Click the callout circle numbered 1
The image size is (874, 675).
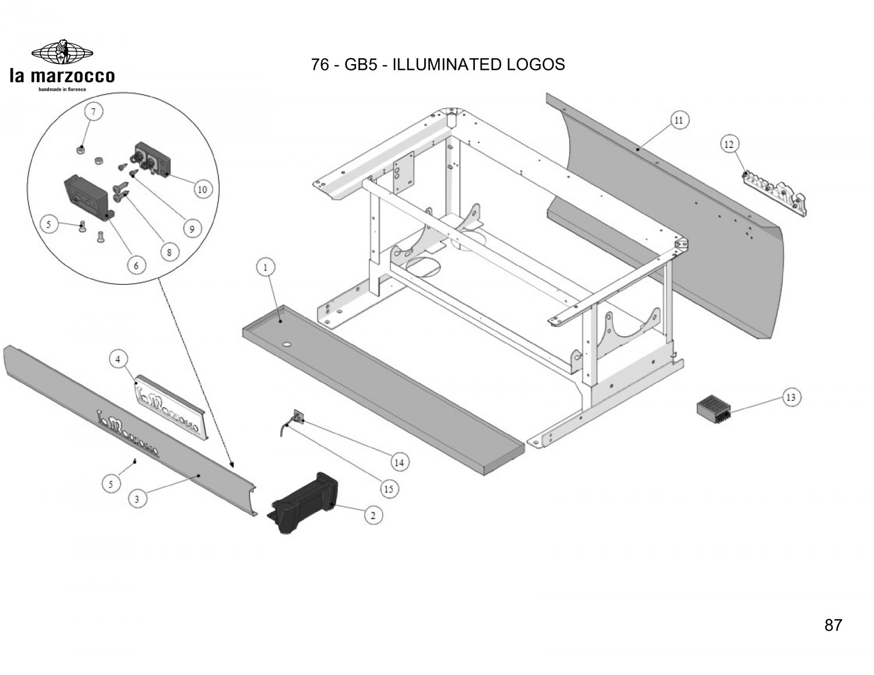coord(266,268)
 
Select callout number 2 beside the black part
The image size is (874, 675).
coord(373,515)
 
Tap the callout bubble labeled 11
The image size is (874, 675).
coord(679,121)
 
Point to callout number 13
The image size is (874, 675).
coord(791,398)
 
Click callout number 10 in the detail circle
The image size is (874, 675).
coord(202,189)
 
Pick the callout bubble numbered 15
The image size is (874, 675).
coord(389,489)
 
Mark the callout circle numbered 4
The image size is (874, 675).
coord(118,359)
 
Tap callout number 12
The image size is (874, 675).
coord(729,144)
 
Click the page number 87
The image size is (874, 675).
coord(833,625)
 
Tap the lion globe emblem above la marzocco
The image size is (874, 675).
coord(62,52)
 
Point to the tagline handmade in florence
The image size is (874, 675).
coord(62,89)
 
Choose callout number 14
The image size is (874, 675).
coord(399,462)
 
